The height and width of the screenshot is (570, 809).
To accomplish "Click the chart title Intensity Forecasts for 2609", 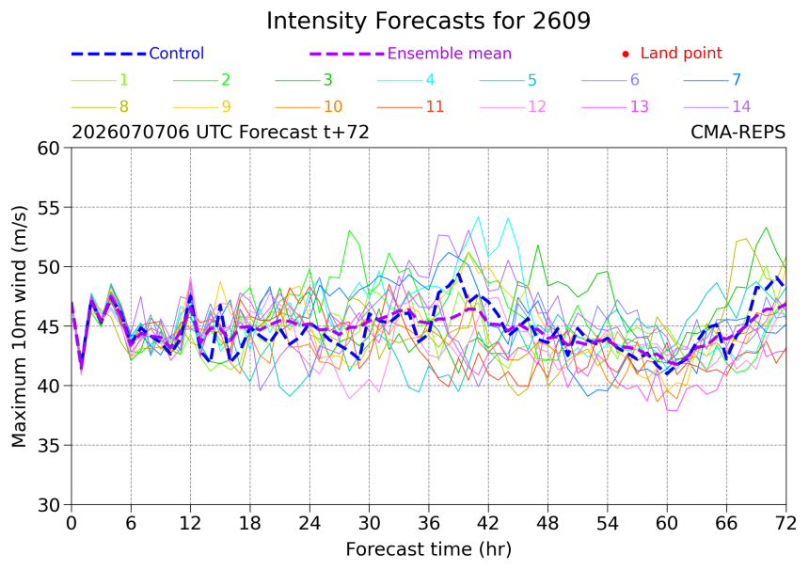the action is (428, 22).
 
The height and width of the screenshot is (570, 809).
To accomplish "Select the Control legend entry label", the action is (177, 53).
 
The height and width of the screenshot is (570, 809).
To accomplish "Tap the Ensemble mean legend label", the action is (450, 53).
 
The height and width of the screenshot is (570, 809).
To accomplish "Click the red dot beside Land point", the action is (626, 54).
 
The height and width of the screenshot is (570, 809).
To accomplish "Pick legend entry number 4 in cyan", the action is (430, 80).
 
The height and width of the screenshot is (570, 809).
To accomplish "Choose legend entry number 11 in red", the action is (435, 107).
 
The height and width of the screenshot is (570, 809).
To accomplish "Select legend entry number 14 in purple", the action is (741, 107).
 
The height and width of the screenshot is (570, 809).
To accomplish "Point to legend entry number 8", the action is (124, 107).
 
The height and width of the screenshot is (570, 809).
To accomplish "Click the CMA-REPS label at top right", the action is (738, 133).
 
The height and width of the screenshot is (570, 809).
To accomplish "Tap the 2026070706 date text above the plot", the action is (131, 133).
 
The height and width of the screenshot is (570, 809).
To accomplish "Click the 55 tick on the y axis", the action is (50, 208).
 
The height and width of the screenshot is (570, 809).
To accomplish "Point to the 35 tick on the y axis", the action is (50, 445).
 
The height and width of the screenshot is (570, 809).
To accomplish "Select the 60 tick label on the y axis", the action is (50, 148).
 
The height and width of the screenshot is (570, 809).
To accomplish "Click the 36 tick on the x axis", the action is (429, 524).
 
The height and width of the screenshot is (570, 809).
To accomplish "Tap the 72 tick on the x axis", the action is (785, 524).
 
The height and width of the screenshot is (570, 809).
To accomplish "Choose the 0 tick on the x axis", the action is (71, 524).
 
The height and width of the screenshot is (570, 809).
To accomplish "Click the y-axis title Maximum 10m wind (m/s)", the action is (19, 326).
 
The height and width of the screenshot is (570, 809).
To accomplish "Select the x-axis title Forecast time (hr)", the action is (428, 549).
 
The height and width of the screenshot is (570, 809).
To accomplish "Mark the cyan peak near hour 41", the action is (478, 216).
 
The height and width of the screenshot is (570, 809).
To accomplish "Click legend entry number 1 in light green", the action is (124, 80).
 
